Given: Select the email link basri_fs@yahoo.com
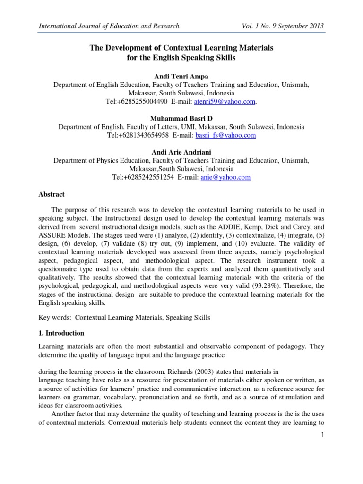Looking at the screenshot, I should (x=225, y=135).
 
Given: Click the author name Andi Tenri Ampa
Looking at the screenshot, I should (x=181, y=77).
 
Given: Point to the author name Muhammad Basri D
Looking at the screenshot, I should (x=181, y=119).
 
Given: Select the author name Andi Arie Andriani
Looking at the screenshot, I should (x=181, y=152).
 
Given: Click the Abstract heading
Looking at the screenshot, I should (x=51, y=194).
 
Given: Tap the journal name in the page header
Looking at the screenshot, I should (x=109, y=26).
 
